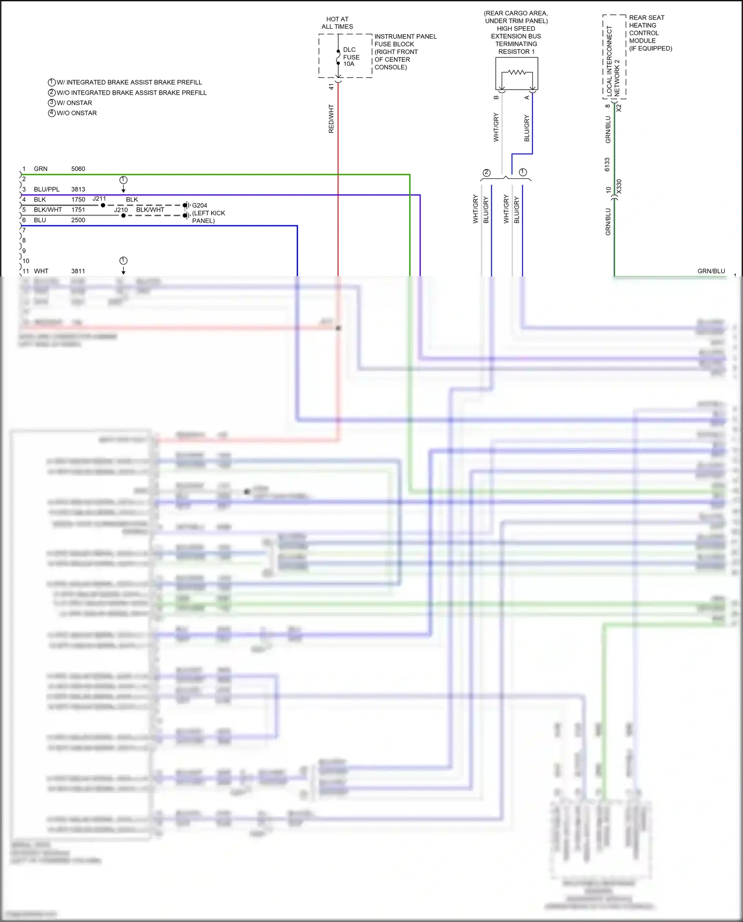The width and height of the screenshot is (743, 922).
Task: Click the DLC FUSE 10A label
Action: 351,57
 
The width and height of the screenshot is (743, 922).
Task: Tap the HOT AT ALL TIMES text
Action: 337,23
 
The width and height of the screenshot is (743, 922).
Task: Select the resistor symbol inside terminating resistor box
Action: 517,73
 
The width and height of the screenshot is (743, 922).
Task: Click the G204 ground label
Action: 200,205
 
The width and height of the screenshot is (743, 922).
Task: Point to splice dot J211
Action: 103,205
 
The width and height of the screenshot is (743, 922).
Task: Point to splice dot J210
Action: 123,216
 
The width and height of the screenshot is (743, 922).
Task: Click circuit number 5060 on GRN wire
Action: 78,169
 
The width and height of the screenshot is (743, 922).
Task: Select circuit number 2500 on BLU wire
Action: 78,220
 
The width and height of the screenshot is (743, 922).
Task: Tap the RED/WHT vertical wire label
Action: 331,119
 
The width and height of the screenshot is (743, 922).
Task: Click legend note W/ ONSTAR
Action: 74,103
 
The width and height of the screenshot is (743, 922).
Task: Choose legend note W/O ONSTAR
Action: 76,113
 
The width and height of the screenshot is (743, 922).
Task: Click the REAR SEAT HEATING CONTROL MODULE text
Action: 650,33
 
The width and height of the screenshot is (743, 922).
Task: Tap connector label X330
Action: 619,187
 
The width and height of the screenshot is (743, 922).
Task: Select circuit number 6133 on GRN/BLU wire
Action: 607,165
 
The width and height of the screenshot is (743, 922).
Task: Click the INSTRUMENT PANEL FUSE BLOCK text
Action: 405,52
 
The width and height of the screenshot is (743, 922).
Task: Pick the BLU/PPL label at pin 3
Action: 47,189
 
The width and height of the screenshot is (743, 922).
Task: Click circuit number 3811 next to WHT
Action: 78,271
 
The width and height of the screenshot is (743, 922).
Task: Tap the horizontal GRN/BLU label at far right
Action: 711,271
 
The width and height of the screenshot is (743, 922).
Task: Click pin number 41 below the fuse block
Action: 331,87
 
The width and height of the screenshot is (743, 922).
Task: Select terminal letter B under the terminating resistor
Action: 496,98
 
